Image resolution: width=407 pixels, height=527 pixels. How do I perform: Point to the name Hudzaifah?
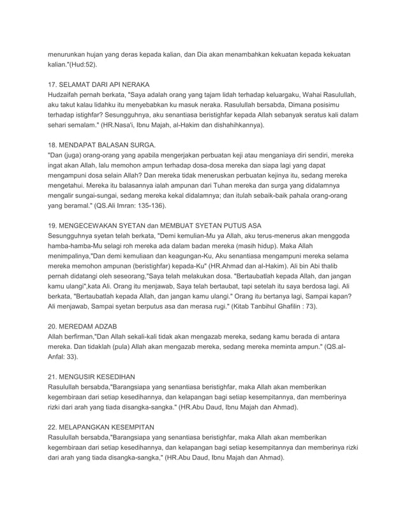coord(68,95)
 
